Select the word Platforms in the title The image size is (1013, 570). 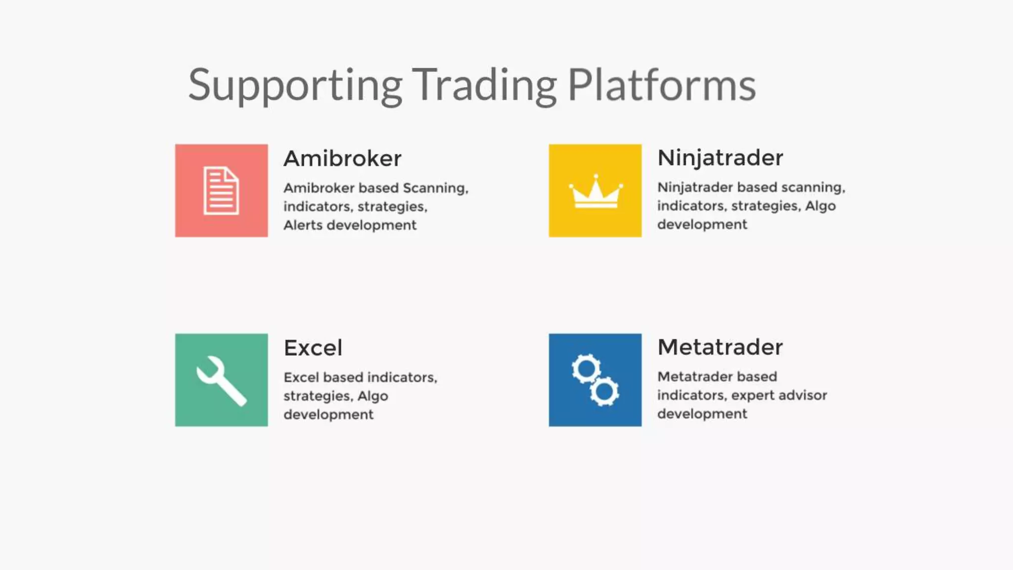tap(661, 85)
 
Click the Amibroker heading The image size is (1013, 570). tap(342, 158)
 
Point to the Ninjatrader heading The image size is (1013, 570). tap(720, 158)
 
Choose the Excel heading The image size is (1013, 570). tap(313, 348)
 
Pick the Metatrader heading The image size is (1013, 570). tap(720, 347)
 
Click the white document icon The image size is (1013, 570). tap(221, 191)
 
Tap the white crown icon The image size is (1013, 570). tap(596, 192)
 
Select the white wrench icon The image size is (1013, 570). tap(221, 380)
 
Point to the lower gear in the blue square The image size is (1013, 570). tap(604, 392)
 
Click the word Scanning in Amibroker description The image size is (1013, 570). tap(435, 188)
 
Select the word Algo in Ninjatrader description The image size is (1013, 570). tap(820, 206)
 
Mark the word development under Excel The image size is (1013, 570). tap(328, 415)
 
